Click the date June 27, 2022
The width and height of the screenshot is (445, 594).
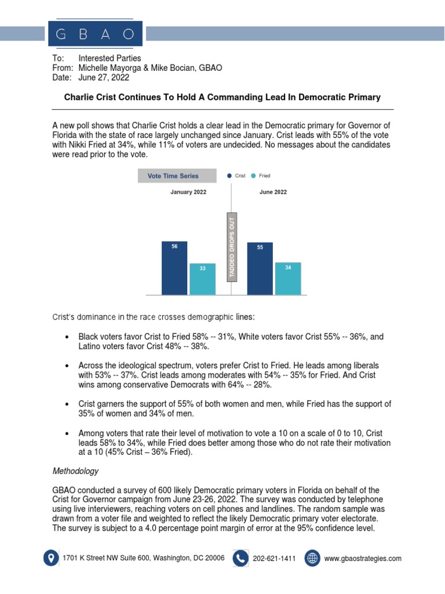click(x=104, y=78)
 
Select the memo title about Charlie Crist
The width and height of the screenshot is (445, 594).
click(x=222, y=97)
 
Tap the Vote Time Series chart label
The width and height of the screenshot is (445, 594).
click(x=173, y=176)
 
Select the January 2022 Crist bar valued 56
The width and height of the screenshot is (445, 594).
click(x=174, y=267)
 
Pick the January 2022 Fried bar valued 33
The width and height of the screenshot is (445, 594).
click(x=202, y=279)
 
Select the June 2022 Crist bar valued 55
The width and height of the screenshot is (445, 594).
click(x=260, y=269)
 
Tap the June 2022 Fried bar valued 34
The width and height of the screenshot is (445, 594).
click(x=288, y=278)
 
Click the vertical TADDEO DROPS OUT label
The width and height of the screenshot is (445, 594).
click(x=232, y=248)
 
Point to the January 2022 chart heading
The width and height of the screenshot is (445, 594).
click(x=188, y=192)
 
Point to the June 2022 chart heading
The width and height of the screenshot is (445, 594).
click(x=273, y=192)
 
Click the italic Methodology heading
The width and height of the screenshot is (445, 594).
click(x=75, y=471)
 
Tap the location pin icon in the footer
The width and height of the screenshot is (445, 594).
click(x=51, y=558)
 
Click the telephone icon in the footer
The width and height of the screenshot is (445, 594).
click(x=240, y=558)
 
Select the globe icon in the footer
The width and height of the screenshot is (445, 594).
click(x=312, y=558)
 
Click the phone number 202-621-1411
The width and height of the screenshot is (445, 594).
click(x=274, y=559)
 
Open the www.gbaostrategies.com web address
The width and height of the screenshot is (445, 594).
click(x=363, y=559)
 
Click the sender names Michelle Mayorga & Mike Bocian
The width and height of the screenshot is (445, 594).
click(x=150, y=68)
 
